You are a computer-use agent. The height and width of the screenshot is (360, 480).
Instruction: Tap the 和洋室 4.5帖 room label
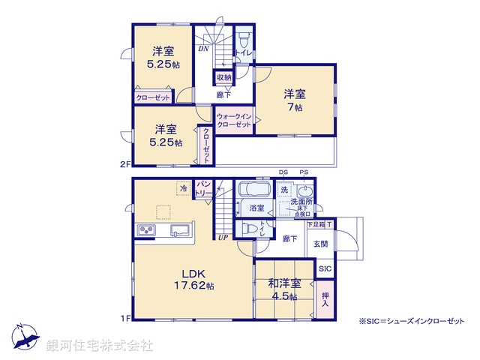(285, 289)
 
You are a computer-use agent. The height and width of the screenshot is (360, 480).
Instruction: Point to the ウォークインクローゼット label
(233, 121)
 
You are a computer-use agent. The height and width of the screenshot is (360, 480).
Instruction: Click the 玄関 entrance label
(320, 244)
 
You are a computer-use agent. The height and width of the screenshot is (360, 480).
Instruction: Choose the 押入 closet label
(324, 298)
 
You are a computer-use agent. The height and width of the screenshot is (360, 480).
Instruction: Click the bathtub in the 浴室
(256, 190)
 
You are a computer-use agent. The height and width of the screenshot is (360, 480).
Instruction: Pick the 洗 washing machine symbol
(284, 190)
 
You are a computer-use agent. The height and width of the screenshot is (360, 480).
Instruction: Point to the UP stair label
(223, 238)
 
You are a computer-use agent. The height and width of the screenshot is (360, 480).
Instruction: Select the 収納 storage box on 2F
(225, 77)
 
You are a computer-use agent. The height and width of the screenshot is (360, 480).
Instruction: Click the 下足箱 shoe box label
(315, 223)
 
